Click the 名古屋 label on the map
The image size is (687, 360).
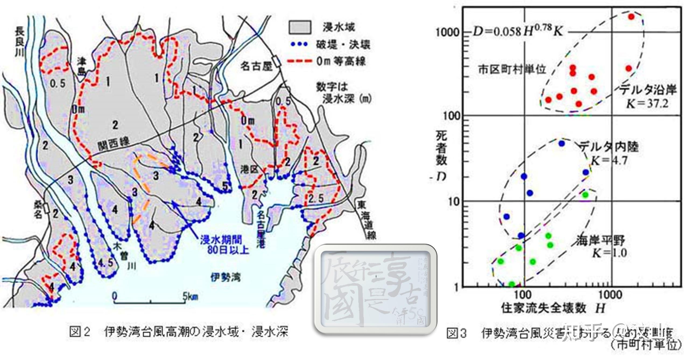point(256,66)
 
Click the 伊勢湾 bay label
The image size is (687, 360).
point(226,277)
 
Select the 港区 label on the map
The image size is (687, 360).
point(249,169)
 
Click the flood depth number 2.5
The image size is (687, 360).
point(316,199)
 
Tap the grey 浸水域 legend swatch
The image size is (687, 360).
point(300,27)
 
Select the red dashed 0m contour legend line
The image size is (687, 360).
point(300,62)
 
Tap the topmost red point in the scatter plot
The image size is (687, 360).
point(631,17)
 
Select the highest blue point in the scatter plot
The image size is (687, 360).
point(561,144)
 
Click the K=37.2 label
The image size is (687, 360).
point(647,103)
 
